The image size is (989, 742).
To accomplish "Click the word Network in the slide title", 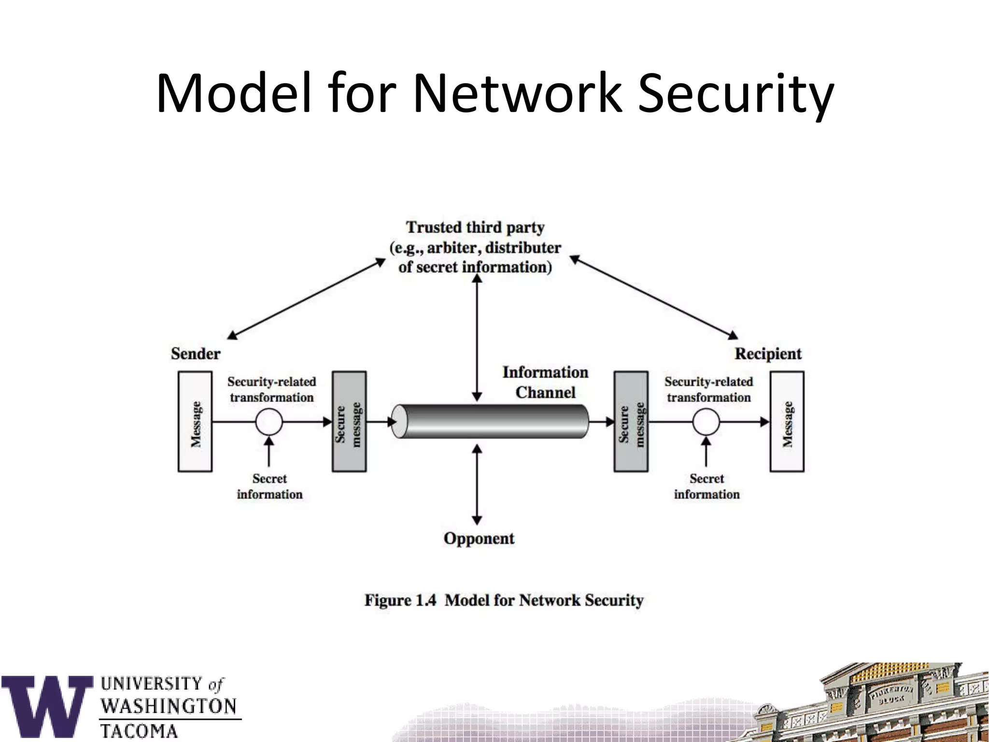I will pos(516,93).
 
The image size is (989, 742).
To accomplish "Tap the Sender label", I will pos(196,354).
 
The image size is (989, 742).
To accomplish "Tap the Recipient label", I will pos(768,354).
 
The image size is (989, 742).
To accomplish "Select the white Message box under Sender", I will pos(195,422).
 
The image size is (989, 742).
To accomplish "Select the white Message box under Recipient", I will pos(787,422).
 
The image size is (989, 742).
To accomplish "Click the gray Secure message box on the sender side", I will pos(349,422).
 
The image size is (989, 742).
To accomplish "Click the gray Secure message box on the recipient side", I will pos(631,422).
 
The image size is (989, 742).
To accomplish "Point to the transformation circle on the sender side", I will pos(269,422).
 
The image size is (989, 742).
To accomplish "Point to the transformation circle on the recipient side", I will pos(706,422).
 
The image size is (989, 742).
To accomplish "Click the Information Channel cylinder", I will pos(490,422).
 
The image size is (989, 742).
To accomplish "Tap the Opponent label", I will pos(479,538).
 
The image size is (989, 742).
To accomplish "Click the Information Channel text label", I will pos(545,382).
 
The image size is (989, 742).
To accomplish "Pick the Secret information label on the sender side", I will pos(269,486).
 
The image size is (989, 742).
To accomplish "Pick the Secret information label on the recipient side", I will pos(706,486).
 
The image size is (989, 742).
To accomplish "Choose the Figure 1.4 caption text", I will pos(504,600).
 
